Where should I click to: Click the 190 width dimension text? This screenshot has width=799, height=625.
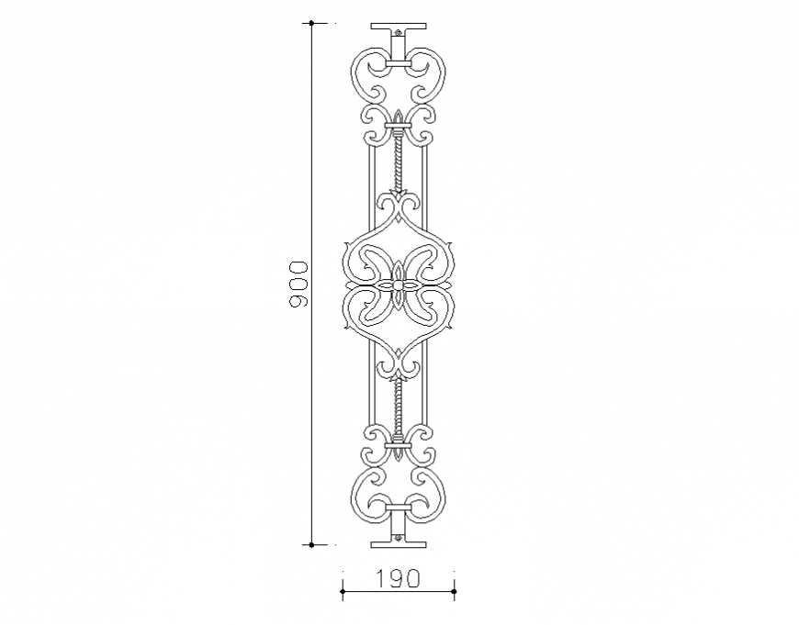(398, 578)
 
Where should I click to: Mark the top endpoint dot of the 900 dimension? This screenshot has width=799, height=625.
(312, 23)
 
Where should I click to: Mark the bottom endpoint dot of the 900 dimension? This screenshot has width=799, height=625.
(312, 544)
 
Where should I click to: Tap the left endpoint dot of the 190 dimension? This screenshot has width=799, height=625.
(343, 592)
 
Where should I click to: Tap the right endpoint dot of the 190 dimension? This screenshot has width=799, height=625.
(455, 592)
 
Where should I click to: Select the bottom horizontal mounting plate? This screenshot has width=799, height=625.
(399, 543)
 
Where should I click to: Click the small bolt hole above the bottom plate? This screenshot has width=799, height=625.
(399, 533)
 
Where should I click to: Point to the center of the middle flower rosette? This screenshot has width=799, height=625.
(399, 285)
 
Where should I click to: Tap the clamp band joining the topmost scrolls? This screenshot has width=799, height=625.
(399, 64)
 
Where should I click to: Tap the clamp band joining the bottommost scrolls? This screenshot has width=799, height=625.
(399, 506)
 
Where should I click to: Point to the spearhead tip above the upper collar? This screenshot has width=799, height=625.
(399, 113)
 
